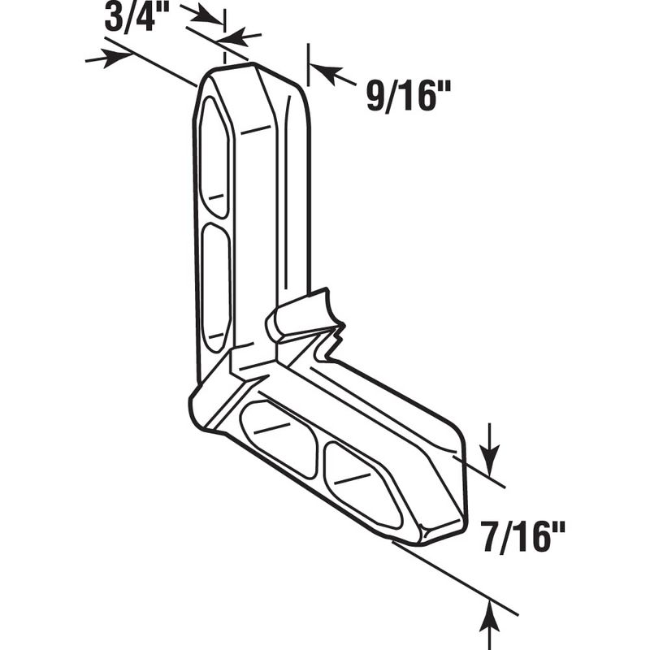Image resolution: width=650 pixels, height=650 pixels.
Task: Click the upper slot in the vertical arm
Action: (214, 158)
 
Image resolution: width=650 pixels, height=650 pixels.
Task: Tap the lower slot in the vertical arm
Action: (216, 288)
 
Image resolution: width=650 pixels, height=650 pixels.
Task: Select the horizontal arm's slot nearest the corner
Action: (279, 439)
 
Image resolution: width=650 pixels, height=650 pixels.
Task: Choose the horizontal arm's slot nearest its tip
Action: (362, 486)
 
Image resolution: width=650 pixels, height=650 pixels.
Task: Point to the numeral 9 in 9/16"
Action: (376, 96)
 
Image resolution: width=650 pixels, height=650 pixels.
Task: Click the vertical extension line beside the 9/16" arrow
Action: (308, 65)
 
